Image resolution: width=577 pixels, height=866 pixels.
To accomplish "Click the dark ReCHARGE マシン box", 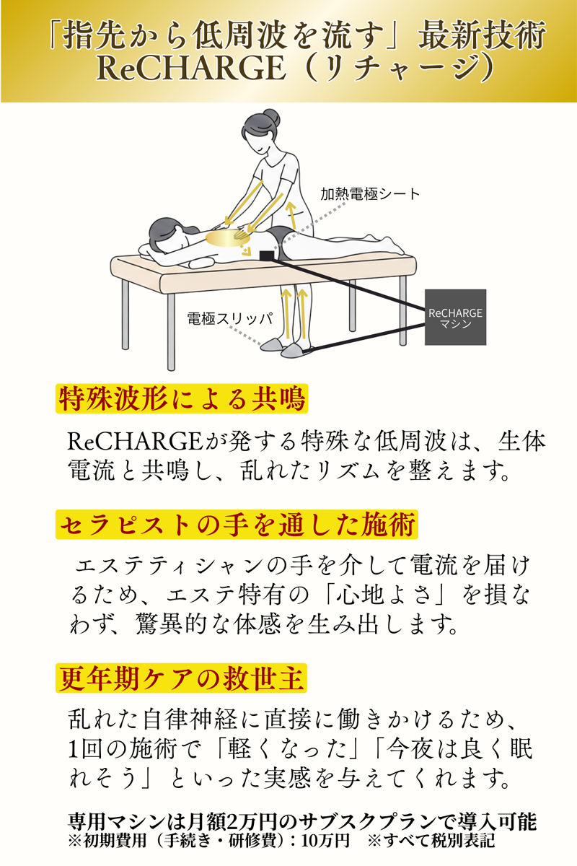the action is coord(455,317).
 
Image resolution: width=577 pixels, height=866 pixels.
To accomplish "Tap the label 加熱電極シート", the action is coord(370,194).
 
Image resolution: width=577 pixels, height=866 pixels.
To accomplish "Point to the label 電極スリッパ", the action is coord(230,318).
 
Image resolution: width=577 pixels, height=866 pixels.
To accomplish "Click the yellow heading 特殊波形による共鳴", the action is coord(182,398).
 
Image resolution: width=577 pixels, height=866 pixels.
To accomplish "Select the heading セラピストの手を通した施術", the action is coord(237,525).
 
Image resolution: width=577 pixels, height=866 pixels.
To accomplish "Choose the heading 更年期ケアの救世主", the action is coord(181,678).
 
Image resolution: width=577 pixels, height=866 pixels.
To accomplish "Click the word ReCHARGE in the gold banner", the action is coord(192,69).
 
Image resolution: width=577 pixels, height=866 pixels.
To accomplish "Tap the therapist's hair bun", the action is coord(270,117).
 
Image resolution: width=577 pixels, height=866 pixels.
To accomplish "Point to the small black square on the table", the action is coord(267,255).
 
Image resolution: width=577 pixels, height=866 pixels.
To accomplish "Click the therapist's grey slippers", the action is coord(283,348).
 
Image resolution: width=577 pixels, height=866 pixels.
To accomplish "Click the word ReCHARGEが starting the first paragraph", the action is coord(146,442).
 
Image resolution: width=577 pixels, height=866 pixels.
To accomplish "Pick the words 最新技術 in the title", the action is coord(482,35).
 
